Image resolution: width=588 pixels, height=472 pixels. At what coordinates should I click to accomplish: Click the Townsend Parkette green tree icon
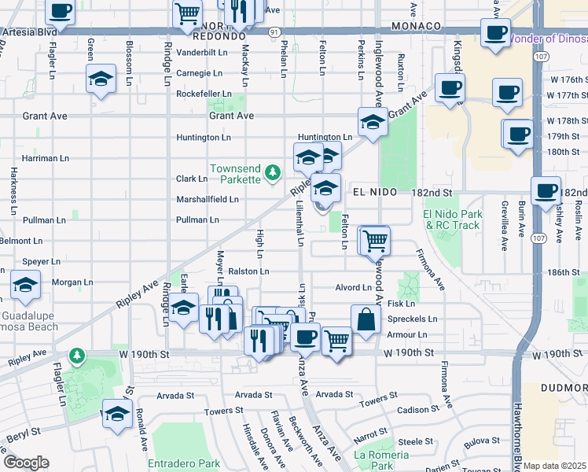click(272, 171)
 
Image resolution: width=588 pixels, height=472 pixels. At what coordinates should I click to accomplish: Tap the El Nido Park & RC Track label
click(451, 219)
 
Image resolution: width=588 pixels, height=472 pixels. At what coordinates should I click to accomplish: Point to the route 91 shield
click(272, 31)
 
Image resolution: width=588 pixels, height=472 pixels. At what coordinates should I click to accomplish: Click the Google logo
click(26, 463)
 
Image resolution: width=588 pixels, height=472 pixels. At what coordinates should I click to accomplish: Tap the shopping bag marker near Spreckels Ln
click(366, 319)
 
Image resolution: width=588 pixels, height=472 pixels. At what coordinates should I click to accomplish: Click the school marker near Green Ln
click(101, 79)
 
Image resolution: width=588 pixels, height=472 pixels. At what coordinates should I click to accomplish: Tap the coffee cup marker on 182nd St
click(545, 190)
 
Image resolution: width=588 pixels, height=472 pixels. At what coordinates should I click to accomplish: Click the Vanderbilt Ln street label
click(201, 52)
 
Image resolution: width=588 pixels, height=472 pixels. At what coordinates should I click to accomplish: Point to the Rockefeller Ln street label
click(204, 94)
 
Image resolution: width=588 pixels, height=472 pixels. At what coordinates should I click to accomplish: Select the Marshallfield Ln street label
click(207, 200)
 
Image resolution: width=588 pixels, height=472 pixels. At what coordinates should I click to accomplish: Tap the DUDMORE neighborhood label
click(564, 388)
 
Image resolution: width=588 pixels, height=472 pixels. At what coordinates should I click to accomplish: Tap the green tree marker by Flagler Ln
click(76, 357)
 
